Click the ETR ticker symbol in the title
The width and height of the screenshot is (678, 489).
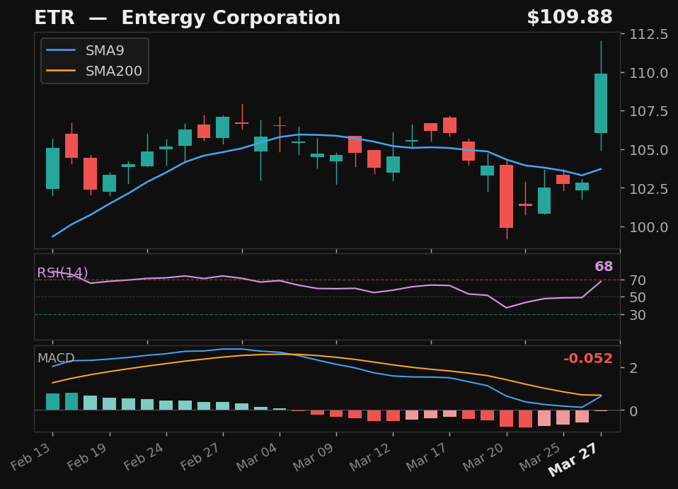[54, 18]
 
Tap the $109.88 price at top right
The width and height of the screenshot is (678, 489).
[569, 18]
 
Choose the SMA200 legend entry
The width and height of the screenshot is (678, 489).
[113, 71]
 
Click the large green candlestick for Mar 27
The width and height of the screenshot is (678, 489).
[600, 103]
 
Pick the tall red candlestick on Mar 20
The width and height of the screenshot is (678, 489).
[506, 196]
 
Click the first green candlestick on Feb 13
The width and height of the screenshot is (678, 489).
[52, 168]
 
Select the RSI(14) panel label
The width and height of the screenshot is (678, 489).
[62, 273]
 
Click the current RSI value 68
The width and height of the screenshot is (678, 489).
[603, 267]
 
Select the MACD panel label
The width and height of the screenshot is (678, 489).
[56, 358]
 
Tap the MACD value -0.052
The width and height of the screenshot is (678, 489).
[587, 359]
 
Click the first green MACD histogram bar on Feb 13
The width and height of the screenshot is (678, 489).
[52, 402]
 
